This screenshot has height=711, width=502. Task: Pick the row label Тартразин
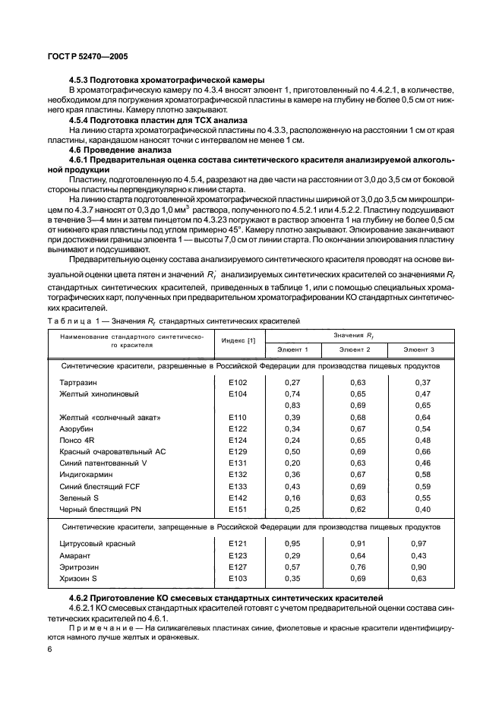[78, 382]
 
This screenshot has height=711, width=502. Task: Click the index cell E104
[238, 394]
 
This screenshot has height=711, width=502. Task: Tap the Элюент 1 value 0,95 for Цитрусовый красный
[292, 543]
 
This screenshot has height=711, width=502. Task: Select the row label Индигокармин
[84, 475]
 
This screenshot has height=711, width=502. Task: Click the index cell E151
[238, 509]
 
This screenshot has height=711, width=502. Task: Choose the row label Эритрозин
[78, 567]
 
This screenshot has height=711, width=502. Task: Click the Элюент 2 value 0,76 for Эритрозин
[358, 567]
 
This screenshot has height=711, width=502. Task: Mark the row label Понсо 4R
[77, 440]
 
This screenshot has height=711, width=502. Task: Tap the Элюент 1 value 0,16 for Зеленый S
[292, 498]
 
